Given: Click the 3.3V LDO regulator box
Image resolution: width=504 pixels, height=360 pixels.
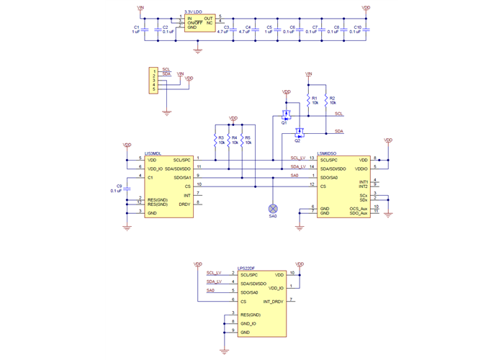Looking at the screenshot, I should (x=199, y=22).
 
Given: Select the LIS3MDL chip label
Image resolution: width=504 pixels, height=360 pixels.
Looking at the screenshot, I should (x=153, y=153).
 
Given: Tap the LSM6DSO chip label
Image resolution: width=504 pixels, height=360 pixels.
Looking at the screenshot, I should (x=327, y=153).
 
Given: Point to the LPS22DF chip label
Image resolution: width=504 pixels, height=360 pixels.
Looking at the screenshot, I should (x=246, y=269).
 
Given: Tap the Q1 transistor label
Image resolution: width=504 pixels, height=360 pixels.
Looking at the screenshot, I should (x=284, y=123).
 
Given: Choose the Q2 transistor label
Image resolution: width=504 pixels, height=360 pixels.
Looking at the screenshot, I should (x=297, y=141).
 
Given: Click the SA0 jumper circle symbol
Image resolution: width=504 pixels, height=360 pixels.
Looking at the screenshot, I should (x=273, y=205).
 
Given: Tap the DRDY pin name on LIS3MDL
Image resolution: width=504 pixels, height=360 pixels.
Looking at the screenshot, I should (x=185, y=204).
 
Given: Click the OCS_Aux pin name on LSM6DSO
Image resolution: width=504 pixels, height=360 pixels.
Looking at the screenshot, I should (x=359, y=209).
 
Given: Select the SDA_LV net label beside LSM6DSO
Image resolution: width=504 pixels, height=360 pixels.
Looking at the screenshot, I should (x=298, y=166).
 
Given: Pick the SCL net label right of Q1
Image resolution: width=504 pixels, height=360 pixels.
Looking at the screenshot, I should (x=339, y=114).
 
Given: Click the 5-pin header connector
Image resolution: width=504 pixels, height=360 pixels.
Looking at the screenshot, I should (x=153, y=79).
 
